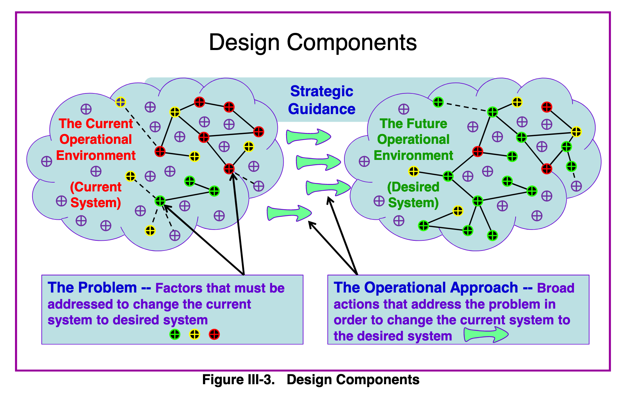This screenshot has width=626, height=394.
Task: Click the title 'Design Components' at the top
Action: click(x=313, y=42)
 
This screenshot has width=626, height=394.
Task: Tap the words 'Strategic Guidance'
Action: click(x=321, y=100)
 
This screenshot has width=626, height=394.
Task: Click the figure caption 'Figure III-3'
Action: click(x=238, y=380)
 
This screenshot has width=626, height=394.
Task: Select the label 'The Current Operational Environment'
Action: click(x=96, y=139)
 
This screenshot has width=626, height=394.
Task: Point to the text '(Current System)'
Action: click(x=96, y=195)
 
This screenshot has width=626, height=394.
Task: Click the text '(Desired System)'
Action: click(x=413, y=195)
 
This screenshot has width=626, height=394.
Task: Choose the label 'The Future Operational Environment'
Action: click(x=413, y=139)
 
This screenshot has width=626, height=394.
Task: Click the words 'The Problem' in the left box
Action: click(x=92, y=288)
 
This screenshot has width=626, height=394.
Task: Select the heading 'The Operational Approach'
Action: click(x=425, y=288)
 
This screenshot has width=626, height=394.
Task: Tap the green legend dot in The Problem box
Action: click(x=175, y=335)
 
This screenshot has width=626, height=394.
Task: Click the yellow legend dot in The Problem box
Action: click(x=195, y=335)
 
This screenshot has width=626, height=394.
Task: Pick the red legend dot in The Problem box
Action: click(x=214, y=335)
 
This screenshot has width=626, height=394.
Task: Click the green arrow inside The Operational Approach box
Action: click(x=486, y=335)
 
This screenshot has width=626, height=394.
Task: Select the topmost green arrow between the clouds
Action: click(x=308, y=136)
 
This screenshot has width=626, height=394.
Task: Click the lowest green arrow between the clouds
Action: click(x=289, y=213)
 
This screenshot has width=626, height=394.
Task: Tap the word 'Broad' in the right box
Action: click(x=555, y=288)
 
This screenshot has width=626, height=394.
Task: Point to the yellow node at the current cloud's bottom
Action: click(x=150, y=231)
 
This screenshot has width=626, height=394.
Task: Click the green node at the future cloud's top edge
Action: click(x=438, y=102)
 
